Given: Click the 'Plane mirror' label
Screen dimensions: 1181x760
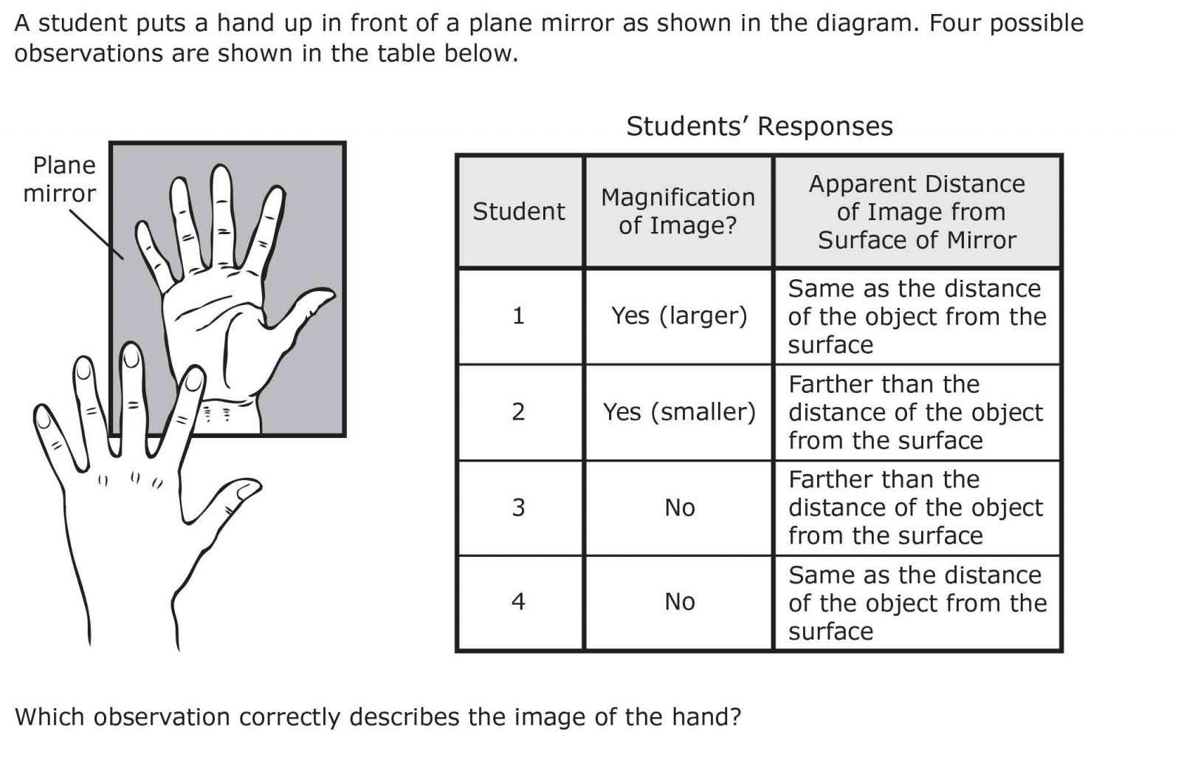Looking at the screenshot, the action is pos(60,179).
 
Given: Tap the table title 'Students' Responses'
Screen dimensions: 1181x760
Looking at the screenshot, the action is pos(760,126).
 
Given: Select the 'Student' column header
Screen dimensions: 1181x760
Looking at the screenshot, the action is pos(519,211).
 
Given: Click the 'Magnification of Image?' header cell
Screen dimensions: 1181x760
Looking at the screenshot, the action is pos(678,211).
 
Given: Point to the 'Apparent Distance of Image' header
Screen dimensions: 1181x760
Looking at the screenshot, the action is pos(917,211).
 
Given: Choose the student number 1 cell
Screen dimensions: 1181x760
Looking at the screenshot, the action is pos(519,316).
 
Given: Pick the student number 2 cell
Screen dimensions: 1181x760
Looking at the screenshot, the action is pos(519,412).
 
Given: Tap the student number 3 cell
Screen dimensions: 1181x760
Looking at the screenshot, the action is pos(519,507).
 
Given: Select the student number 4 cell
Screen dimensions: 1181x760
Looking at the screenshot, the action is pos(519,602).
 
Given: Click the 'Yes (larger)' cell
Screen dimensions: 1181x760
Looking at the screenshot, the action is pos(679,316).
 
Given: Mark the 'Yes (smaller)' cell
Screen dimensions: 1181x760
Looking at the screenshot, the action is pos(679,412).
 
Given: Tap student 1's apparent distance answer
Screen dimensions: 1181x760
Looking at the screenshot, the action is pos(917,316).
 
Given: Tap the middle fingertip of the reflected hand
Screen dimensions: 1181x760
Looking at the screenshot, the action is pos(221,177).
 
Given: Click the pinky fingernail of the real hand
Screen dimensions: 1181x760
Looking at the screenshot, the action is pos(42,418).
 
